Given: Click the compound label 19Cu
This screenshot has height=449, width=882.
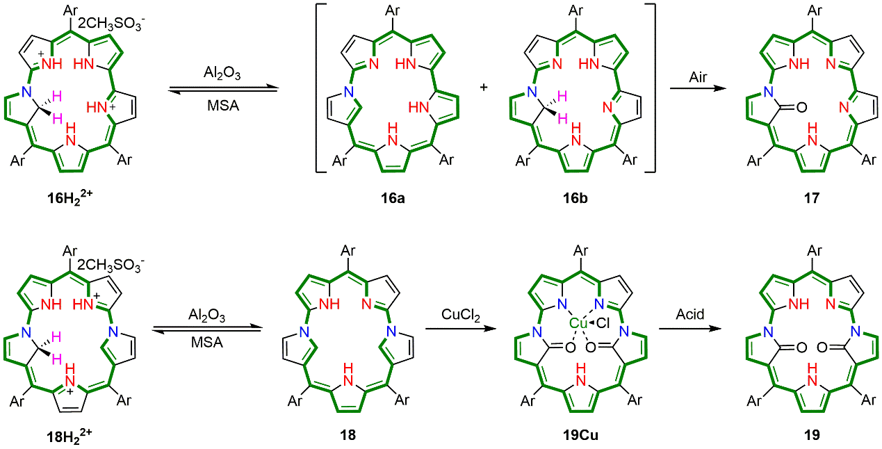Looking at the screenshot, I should tap(574, 435).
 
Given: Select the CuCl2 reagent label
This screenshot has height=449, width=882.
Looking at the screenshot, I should tap(461, 316).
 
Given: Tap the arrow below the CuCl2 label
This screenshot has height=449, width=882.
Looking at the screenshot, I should tap(461, 328).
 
